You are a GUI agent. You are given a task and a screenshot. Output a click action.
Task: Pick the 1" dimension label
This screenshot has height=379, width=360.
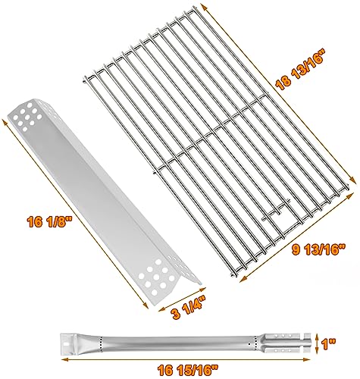click(x=329, y=345)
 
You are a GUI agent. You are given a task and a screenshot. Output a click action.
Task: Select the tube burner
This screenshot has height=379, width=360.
click(x=185, y=344)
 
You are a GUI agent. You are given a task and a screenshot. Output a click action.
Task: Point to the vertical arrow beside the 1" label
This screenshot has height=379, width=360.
click(x=318, y=344)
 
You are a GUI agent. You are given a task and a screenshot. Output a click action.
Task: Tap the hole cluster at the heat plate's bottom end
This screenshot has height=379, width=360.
click(x=158, y=277)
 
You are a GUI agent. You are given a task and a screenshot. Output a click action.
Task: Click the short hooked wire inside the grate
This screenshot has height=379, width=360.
click(x=277, y=209)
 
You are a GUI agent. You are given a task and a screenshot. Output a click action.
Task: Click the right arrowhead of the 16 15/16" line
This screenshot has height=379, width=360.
click(x=308, y=359)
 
